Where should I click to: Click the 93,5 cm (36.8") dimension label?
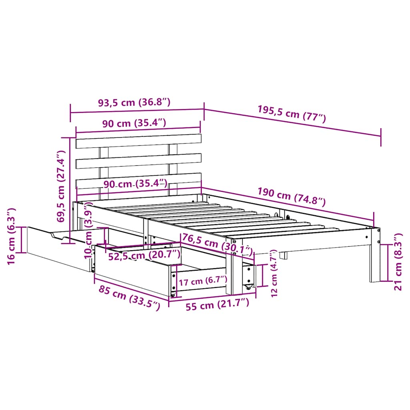tap(135, 102)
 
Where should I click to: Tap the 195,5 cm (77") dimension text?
tap(291, 114)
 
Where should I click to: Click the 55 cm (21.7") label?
tap(217, 305)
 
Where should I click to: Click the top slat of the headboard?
tap(138, 141)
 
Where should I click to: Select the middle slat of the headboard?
tap(138, 161)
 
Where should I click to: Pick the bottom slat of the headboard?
tap(138, 181)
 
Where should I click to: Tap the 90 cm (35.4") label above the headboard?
tap(134, 123)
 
